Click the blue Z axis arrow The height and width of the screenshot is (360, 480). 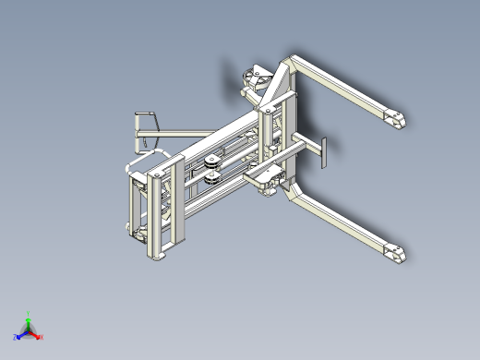coord(21,334)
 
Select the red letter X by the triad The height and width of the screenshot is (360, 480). coord(42,337)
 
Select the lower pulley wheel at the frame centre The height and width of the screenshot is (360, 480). coord(210,180)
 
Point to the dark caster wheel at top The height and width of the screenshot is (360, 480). coord(253,79)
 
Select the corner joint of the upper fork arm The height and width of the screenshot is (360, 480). coord(290,63)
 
